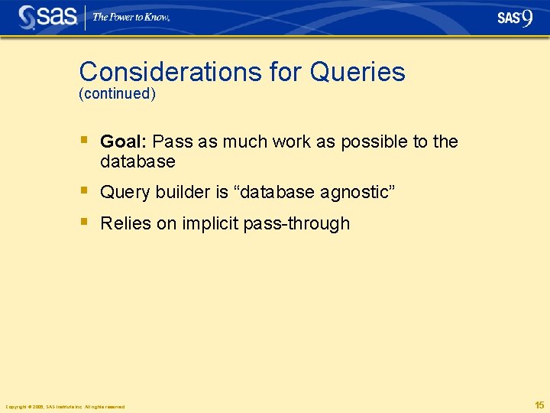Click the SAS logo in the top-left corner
click(x=47, y=18)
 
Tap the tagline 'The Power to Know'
click(x=131, y=17)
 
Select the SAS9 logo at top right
click(x=515, y=18)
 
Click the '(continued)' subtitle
click(x=117, y=94)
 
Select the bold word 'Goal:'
click(x=124, y=141)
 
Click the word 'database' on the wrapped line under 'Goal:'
click(x=137, y=161)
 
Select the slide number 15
click(x=539, y=405)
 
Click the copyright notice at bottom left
click(x=65, y=406)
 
